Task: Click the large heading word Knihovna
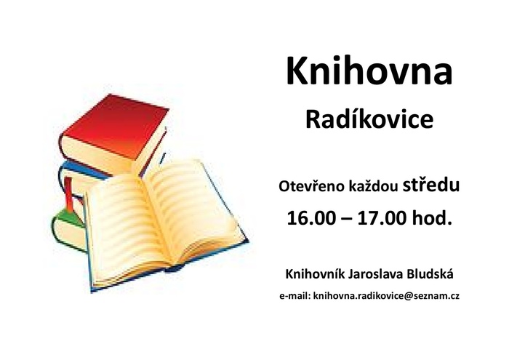(369, 71)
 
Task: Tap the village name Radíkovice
(369, 119)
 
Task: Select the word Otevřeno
(312, 188)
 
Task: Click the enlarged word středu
(431, 185)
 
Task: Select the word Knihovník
(315, 274)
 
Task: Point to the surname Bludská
(429, 274)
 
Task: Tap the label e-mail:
(295, 296)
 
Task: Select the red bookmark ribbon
(69, 194)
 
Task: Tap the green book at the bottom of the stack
(69, 230)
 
